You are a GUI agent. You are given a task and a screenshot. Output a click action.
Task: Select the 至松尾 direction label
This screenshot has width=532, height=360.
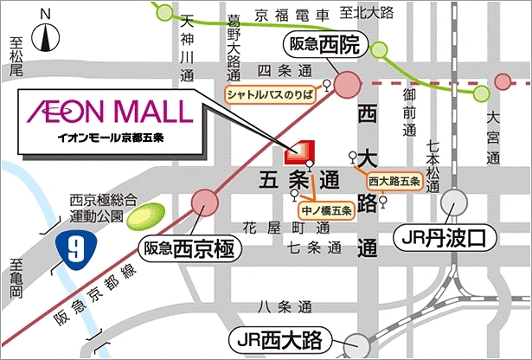pos(15,59)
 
